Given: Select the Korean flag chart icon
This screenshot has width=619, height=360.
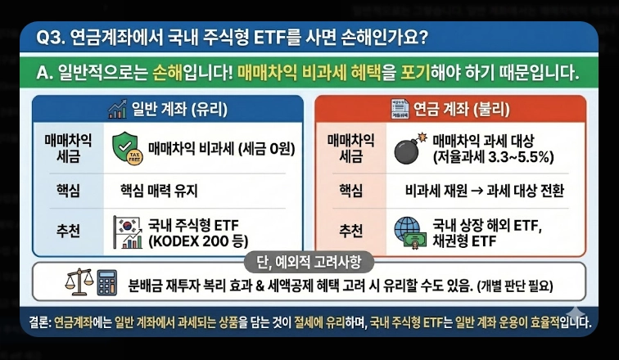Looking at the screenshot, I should click(128, 232).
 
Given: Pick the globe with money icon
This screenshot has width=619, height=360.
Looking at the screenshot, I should click(409, 232).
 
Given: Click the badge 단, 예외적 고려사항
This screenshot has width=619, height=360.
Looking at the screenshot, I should click(309, 262).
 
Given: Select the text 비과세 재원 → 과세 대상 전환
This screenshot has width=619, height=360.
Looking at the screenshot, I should click(486, 191).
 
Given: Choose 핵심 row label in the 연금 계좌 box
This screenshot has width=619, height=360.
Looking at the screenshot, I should click(350, 191).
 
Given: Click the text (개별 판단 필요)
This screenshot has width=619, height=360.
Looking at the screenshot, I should click(513, 286).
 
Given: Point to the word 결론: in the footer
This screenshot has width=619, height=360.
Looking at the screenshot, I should click(37, 322).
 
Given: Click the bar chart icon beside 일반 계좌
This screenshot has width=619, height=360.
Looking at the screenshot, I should click(116, 109).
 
